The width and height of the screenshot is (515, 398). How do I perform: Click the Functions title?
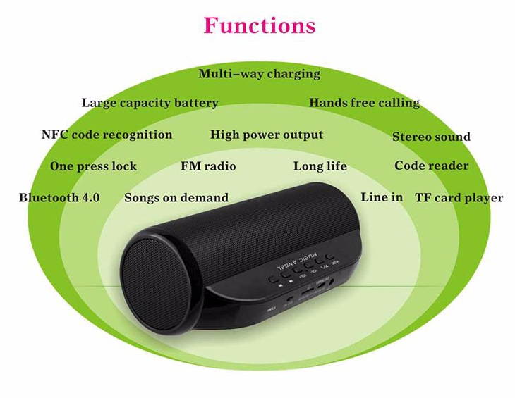[260, 26]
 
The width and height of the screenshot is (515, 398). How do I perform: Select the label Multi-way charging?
[259, 74]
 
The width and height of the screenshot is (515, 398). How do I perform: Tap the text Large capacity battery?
[150, 103]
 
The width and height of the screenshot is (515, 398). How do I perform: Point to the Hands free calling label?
[364, 103]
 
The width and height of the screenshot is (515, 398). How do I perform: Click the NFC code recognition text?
[107, 135]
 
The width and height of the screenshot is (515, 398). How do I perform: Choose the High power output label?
[267, 135]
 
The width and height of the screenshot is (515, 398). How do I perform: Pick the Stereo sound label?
[431, 137]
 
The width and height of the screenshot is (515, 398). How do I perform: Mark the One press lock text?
[93, 166]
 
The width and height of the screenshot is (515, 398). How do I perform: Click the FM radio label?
[208, 166]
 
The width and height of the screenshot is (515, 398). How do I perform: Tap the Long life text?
[320, 166]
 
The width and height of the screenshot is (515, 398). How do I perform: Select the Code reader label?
[431, 166]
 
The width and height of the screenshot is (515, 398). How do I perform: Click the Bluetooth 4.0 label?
[59, 198]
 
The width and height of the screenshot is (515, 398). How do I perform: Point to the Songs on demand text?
[176, 198]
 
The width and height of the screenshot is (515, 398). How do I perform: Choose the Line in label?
[382, 197]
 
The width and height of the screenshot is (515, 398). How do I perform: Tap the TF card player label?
[459, 198]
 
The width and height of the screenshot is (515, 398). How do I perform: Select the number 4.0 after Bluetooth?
[90, 198]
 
